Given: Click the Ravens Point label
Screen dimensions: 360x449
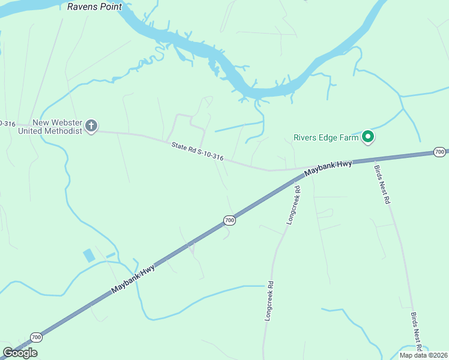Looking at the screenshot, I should pos(94,7).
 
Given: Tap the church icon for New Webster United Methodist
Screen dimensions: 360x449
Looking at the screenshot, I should pos(91,126).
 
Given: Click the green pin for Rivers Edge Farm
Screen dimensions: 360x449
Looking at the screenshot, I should pos(368,137).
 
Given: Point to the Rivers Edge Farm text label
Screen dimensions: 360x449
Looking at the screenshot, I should pos(326,137).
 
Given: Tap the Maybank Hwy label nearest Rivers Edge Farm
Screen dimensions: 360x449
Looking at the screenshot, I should pos(328,168).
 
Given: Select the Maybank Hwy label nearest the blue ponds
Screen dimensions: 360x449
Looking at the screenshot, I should pos(133,280).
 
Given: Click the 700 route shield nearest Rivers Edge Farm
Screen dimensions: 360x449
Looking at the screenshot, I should pos(439,152).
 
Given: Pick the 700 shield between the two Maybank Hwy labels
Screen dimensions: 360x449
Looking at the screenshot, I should pos(229,221).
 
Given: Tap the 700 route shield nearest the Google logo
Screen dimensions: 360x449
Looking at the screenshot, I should pos(36,337).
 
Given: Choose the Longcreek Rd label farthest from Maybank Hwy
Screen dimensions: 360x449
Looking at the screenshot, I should pos(269,301).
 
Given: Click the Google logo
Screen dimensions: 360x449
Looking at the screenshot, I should pos(20,352).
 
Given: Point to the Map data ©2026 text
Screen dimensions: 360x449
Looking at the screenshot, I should pos(423,355).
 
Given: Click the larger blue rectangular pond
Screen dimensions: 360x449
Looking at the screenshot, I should pos(89,256).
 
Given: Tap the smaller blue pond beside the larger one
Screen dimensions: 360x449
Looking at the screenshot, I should pos(110,255).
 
